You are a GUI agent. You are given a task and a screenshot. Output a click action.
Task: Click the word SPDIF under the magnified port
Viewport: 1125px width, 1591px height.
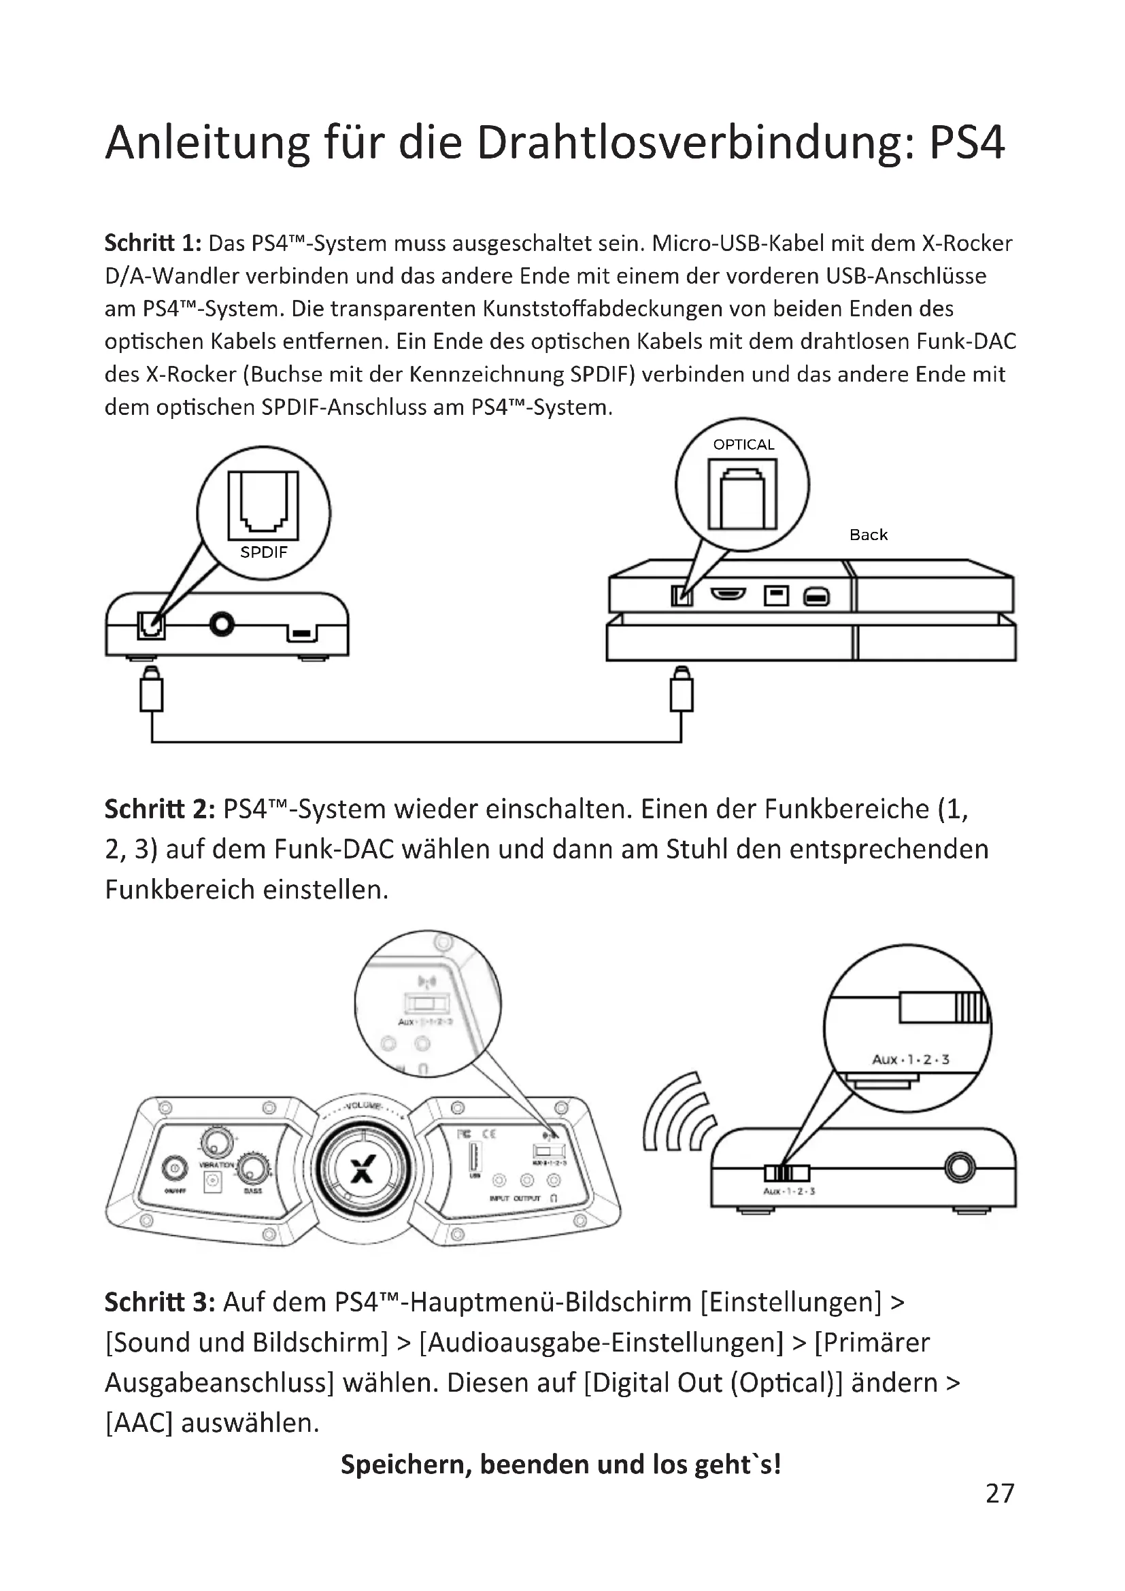[263, 552]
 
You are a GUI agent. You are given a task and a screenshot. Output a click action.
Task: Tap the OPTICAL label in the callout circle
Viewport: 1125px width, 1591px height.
[743, 445]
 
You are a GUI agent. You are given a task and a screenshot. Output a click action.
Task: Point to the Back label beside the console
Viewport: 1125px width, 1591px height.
[868, 535]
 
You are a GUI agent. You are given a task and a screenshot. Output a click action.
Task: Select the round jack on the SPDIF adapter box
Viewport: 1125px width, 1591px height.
[222, 624]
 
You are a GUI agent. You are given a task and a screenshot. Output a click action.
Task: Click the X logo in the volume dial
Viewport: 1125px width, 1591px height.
[363, 1170]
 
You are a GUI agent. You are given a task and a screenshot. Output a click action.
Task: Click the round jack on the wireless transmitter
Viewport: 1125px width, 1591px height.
[960, 1169]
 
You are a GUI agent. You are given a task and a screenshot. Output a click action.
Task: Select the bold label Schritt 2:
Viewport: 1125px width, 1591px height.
[160, 809]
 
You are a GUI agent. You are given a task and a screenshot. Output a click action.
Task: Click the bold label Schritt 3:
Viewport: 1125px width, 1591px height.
[160, 1302]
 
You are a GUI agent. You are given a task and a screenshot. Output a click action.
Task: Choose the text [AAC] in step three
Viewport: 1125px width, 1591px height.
[139, 1423]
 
